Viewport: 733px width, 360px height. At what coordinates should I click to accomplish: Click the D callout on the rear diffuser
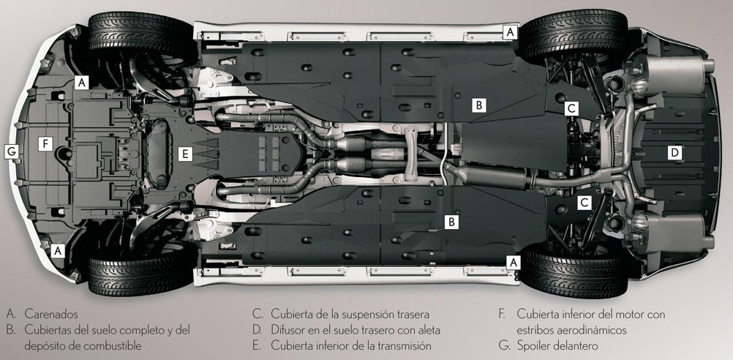[674, 152]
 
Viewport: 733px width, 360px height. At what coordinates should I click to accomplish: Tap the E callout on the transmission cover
[185, 154]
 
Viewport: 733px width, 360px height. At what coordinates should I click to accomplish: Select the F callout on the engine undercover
[45, 144]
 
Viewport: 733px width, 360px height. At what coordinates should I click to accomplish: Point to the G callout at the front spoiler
[12, 151]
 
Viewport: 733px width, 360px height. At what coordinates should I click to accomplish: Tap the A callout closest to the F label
[82, 83]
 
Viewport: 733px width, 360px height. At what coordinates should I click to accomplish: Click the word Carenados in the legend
[51, 314]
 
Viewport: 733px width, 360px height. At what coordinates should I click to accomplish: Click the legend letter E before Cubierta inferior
[256, 346]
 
